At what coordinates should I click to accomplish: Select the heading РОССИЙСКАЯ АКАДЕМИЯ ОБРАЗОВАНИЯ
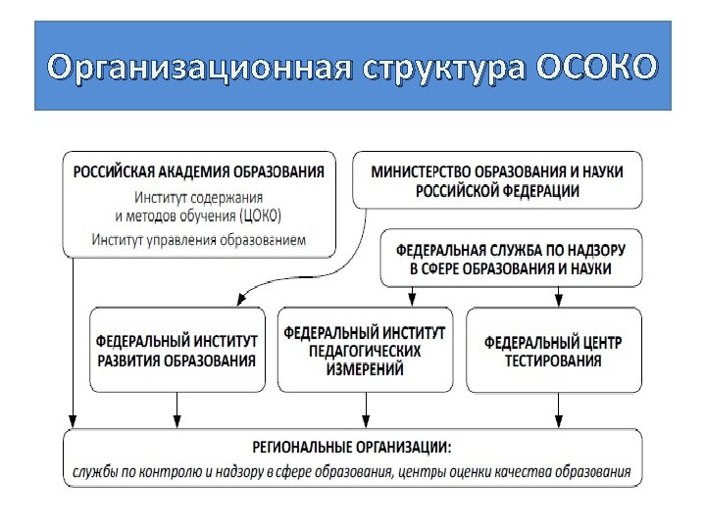tap(199, 171)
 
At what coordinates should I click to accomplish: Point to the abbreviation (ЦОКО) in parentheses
tap(259, 216)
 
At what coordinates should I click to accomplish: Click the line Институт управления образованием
tap(199, 239)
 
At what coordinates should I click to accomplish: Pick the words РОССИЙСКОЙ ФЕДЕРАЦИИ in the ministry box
tap(497, 191)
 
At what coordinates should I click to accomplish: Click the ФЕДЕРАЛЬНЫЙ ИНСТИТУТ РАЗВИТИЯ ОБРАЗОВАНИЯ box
tap(176, 351)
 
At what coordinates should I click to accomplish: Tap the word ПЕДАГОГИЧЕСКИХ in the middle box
tap(364, 351)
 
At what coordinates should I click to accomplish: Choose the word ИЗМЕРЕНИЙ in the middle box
tap(364, 368)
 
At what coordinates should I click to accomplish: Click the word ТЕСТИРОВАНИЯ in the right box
tap(553, 361)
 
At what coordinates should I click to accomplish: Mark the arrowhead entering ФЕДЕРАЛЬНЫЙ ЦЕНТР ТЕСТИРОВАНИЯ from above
tap(558, 302)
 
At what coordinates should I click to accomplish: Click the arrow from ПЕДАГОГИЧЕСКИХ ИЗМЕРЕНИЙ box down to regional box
tap(366, 409)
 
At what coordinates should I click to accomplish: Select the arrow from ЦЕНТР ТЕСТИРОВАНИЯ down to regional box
tap(556, 409)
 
